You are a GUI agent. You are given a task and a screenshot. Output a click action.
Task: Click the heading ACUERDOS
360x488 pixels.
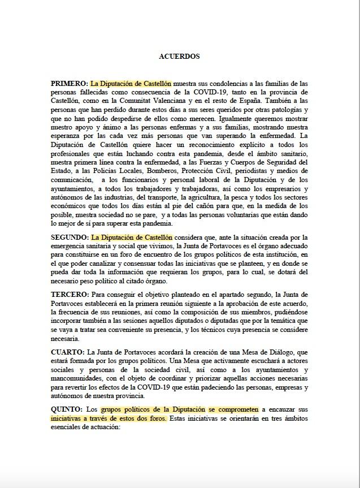[x=179, y=57]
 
